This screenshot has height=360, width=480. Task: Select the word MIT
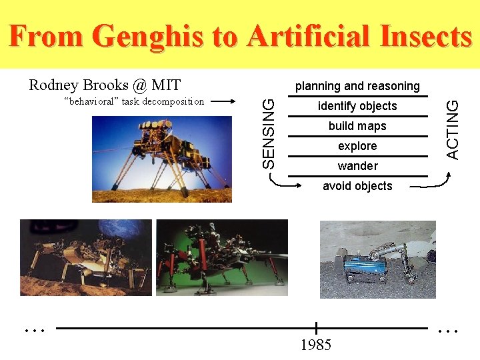coord(166,85)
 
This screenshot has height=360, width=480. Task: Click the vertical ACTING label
coord(452,129)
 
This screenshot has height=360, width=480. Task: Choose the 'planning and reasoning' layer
coord(357,86)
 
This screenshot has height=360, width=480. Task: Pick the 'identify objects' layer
coord(357,106)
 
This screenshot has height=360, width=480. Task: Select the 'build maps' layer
coord(357,126)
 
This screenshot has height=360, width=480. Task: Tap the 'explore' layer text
coord(357,146)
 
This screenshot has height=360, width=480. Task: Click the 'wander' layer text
coord(357,166)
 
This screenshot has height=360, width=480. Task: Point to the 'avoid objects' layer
coord(357,186)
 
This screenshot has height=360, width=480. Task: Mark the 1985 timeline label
coord(316,345)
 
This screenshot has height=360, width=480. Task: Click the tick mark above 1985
coord(316,328)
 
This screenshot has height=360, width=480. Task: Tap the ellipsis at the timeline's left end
coord(34,329)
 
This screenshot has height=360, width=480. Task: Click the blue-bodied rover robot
coord(364,266)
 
